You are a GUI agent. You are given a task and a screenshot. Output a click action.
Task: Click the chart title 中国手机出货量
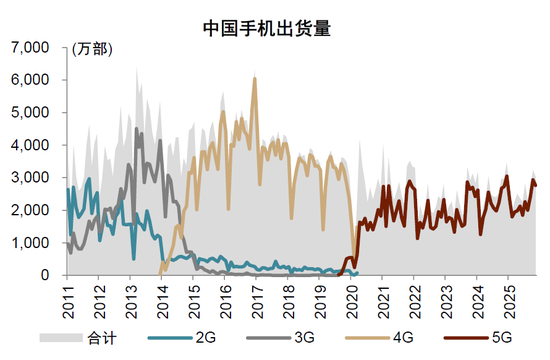[267, 28]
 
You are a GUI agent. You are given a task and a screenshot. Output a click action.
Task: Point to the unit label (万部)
[92, 49]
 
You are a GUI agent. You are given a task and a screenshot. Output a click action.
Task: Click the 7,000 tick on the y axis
[30, 47]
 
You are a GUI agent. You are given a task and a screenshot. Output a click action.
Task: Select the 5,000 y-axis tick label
[30, 113]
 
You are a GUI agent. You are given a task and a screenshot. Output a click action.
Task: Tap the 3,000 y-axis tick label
[30, 178]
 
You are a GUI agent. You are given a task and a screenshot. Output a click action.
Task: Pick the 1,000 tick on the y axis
[30, 243]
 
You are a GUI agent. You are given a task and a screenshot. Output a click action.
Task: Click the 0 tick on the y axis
[45, 275]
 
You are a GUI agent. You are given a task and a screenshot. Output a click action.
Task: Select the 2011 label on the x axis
[68, 302]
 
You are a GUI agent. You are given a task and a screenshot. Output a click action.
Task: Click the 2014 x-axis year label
[163, 302]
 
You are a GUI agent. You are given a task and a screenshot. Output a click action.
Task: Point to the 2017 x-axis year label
[257, 302]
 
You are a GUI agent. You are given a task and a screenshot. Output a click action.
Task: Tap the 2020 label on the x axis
[352, 302]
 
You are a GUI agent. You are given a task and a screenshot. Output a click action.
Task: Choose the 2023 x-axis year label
[447, 302]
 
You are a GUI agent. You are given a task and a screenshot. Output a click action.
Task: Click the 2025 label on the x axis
[509, 302]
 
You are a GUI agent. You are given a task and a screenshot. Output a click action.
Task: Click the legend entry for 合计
[78, 338]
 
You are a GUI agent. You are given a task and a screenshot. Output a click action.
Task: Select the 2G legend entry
[182, 338]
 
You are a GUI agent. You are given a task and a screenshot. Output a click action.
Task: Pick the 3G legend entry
[281, 338]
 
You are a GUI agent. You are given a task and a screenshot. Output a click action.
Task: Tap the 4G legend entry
[380, 338]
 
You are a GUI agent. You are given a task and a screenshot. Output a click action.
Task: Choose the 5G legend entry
[478, 338]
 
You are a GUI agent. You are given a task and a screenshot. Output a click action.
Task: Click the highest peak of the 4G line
[255, 79]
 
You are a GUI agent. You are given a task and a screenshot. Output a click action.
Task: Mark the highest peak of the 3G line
[136, 129]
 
